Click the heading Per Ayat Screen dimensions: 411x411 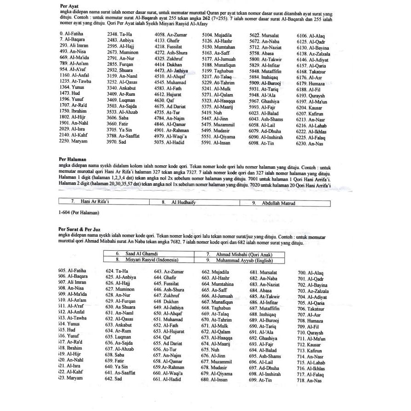tap(70, 6)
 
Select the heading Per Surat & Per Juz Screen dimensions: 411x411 tap(80, 229)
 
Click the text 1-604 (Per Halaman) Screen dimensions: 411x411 tap(79, 212)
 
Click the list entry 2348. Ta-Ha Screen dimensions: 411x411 tap(119, 35)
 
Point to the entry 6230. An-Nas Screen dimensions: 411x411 tap(309, 144)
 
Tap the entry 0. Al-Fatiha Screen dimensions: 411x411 tap(71, 34)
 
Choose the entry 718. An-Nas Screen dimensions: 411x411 tap(309, 381)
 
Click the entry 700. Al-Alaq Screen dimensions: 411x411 tap(310, 273)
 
